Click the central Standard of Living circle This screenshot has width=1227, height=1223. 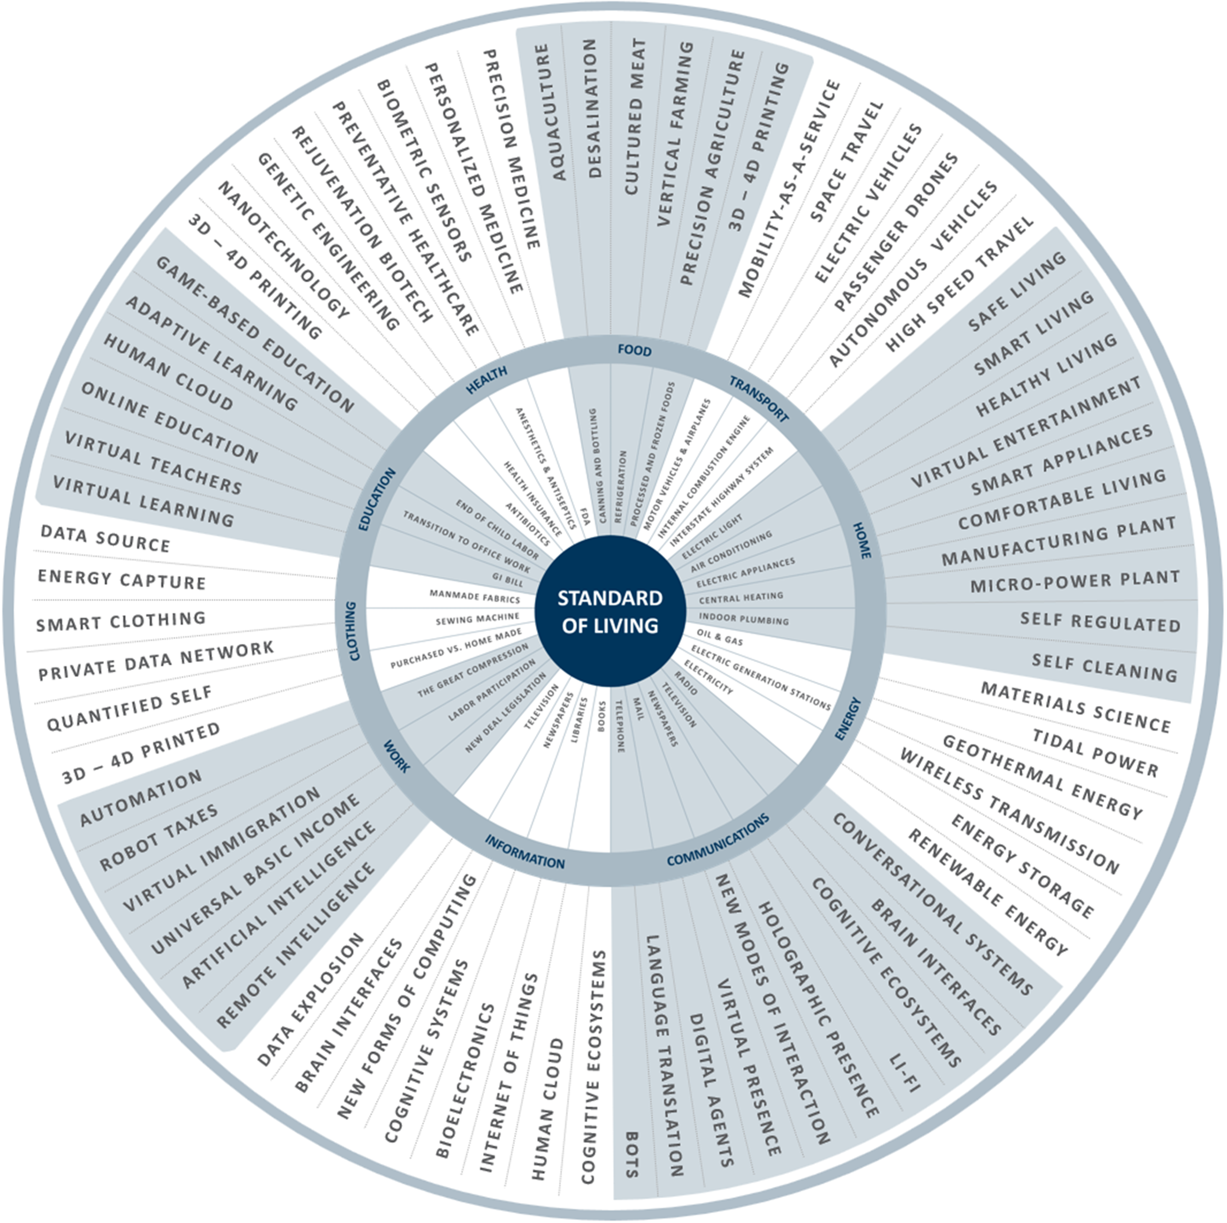(x=610, y=611)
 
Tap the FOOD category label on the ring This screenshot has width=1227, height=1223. (x=634, y=350)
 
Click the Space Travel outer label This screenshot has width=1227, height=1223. (x=846, y=161)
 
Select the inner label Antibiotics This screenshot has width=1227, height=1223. (x=527, y=524)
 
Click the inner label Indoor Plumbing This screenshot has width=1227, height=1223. (x=743, y=619)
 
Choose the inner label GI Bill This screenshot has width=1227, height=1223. (x=507, y=580)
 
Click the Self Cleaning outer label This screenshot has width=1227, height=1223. (x=1104, y=667)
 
